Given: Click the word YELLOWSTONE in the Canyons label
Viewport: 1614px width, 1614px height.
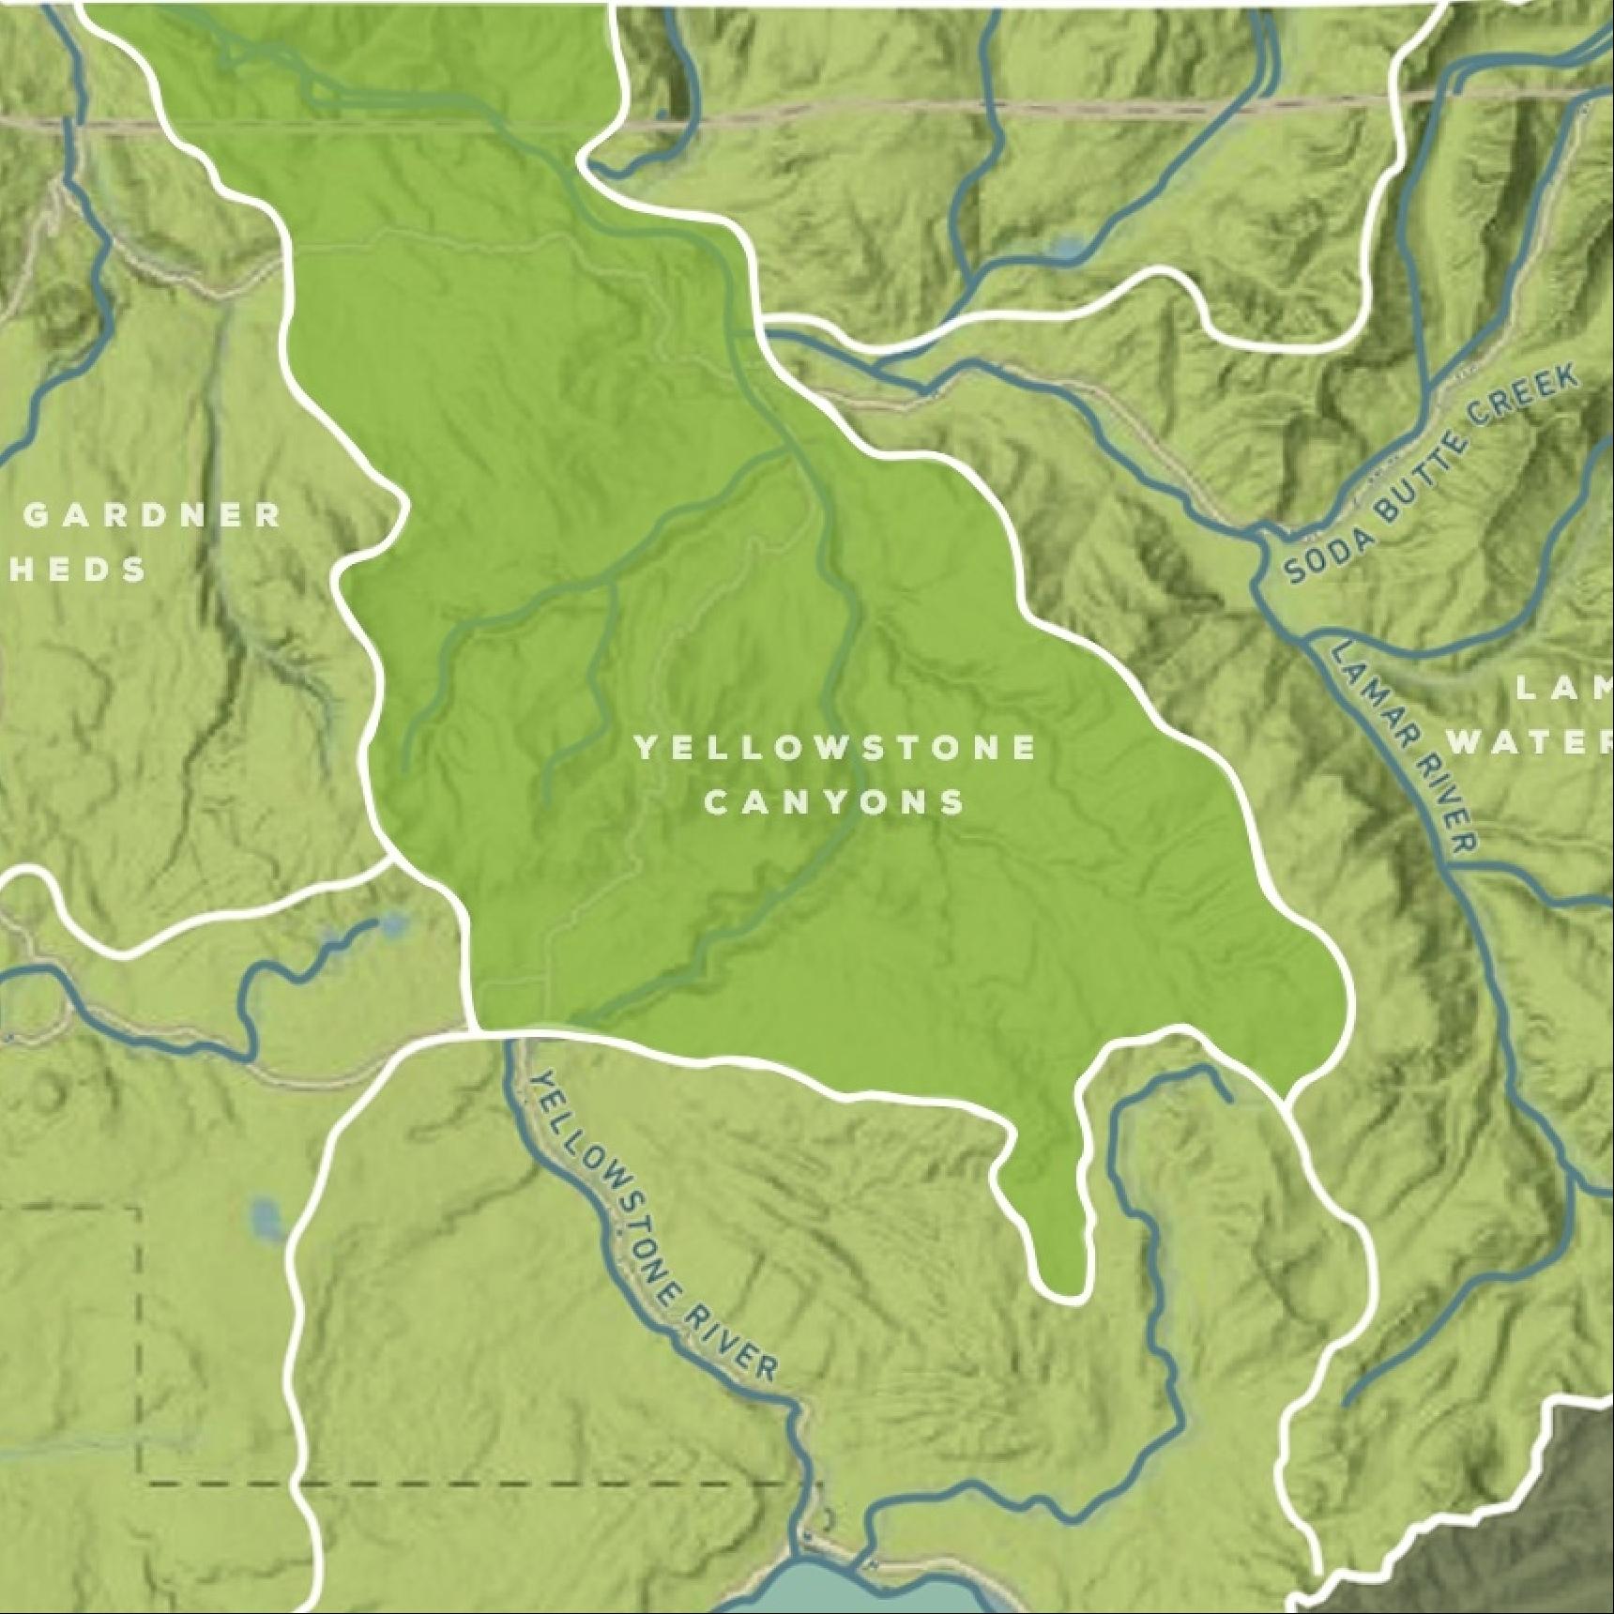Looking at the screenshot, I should click(x=834, y=748).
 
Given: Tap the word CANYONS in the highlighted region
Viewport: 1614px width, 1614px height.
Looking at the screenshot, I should click(x=834, y=802).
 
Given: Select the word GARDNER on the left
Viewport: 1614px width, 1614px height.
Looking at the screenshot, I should click(x=153, y=514).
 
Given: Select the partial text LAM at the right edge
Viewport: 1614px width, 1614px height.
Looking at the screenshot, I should click(x=1563, y=690).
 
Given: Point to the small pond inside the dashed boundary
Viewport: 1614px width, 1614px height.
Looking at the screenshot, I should click(x=266, y=1220).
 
